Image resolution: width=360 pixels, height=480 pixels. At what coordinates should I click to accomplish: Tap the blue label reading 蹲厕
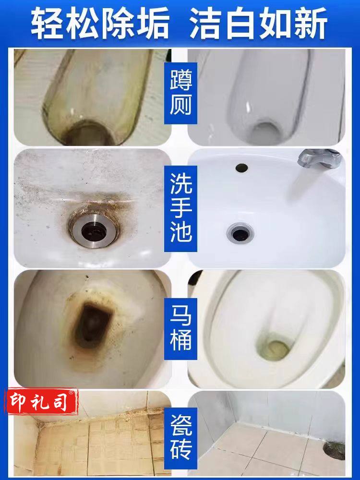coord(180,93)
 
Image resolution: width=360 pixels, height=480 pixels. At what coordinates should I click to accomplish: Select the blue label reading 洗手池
coord(180,208)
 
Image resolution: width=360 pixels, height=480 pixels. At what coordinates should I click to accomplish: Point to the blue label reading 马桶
coord(180,329)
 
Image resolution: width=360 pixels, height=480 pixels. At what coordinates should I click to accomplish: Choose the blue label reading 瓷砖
coord(180,438)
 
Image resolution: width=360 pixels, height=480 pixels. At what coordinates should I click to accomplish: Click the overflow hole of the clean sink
coord(241,168)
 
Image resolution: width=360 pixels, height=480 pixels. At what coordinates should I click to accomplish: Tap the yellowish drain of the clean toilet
coord(274,349)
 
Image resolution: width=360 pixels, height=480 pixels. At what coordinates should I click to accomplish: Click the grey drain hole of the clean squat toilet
coord(264,133)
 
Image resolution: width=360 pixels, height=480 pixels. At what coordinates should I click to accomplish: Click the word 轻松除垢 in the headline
coord(100,24)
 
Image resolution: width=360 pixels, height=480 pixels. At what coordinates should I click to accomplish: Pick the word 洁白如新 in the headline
coord(259,24)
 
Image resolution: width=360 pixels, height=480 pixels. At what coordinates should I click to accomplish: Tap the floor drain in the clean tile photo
coord(334,450)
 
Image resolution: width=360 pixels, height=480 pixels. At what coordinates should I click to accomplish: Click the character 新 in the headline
coord(312,24)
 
